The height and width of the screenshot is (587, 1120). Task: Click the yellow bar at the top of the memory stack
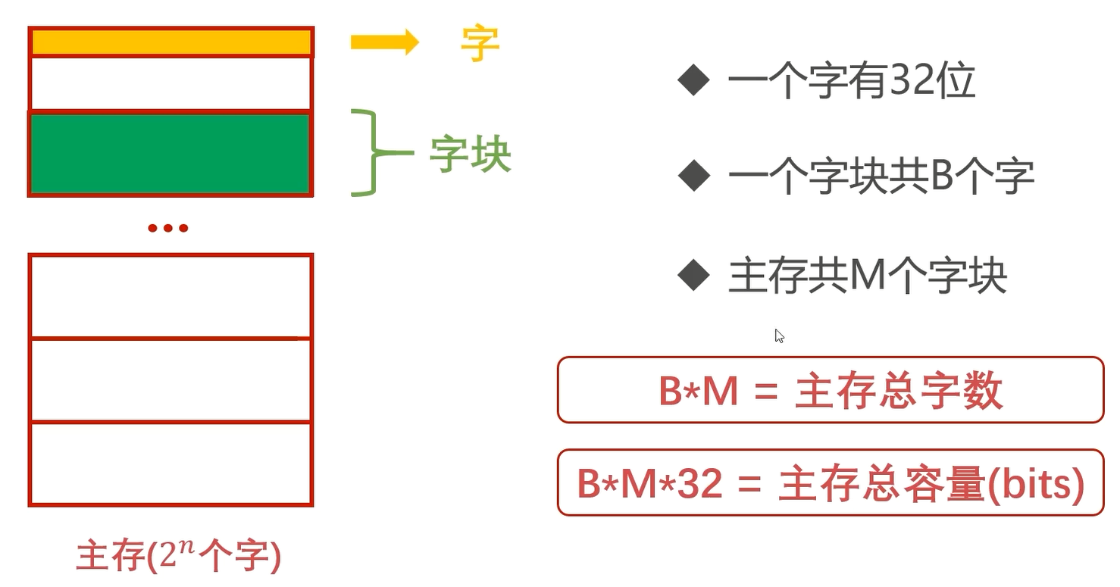[x=171, y=42]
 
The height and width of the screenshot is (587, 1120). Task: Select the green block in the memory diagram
[x=171, y=154]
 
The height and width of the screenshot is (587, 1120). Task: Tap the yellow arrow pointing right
[x=384, y=42]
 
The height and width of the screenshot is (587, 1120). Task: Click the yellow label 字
[x=480, y=44]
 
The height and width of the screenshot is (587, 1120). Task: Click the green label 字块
[x=470, y=154]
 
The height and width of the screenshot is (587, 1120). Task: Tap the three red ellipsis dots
[x=168, y=228]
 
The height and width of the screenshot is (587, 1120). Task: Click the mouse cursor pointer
[x=780, y=336]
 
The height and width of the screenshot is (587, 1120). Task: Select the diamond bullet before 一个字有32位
[x=693, y=80]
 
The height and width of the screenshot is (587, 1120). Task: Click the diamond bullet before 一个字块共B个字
[x=693, y=176]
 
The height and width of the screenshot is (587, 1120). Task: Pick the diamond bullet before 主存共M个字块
[x=693, y=275]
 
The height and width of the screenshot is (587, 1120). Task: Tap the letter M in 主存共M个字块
[x=867, y=275]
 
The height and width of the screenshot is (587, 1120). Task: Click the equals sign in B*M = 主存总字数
[x=766, y=391]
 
